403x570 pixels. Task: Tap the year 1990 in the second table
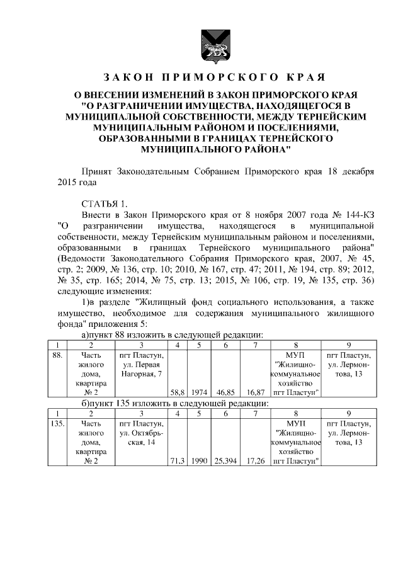(200, 462)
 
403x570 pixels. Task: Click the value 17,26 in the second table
(255, 462)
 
